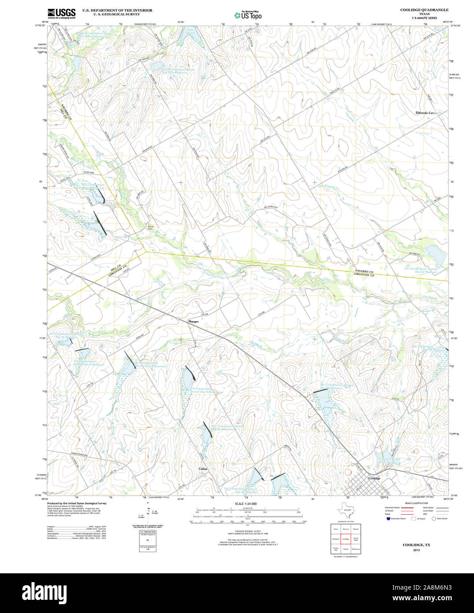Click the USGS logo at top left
click(62, 13)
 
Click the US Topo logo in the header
click(248, 15)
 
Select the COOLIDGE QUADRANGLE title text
click(418, 10)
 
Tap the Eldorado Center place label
click(426, 113)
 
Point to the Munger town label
click(194, 321)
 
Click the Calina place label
click(203, 469)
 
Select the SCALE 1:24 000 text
click(246, 504)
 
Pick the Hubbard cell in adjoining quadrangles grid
click(336, 539)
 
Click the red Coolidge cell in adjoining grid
click(346, 539)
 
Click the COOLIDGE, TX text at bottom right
click(416, 545)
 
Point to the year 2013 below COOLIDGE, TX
click(416, 550)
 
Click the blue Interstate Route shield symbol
click(388, 519)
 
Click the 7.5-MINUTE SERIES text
click(425, 18)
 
